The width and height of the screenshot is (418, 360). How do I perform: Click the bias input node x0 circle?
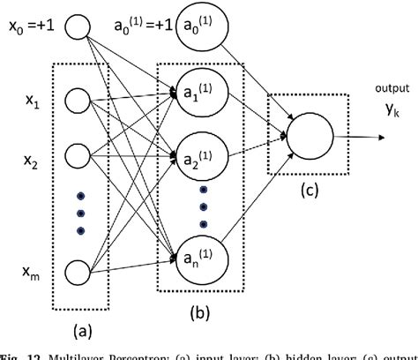click(77, 28)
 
